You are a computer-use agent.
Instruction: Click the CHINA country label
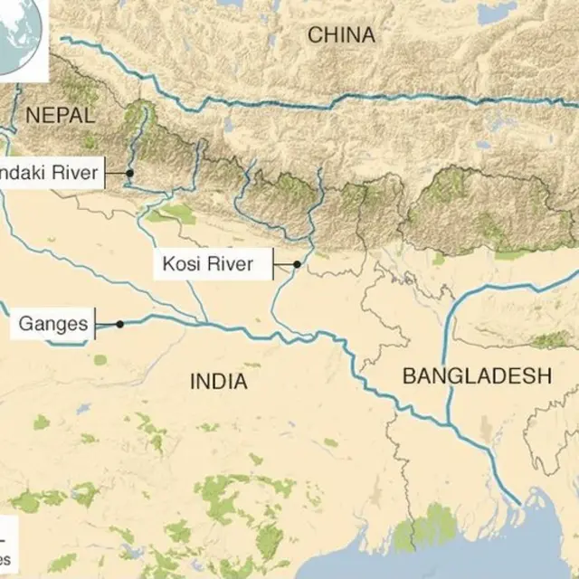click(340, 35)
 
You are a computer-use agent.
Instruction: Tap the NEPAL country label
click(61, 115)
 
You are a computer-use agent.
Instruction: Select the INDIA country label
click(218, 382)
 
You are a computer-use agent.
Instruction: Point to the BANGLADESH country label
click(477, 376)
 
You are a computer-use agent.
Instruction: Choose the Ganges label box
click(53, 323)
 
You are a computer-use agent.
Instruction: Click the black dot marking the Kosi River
click(297, 265)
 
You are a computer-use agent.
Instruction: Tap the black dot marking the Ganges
click(119, 324)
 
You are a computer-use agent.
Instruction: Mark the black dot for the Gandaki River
click(130, 173)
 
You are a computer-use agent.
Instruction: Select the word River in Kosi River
click(235, 265)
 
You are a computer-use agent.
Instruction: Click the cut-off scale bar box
click(7, 544)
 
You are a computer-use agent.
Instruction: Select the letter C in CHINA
click(314, 35)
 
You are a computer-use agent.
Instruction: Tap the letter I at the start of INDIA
click(193, 382)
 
